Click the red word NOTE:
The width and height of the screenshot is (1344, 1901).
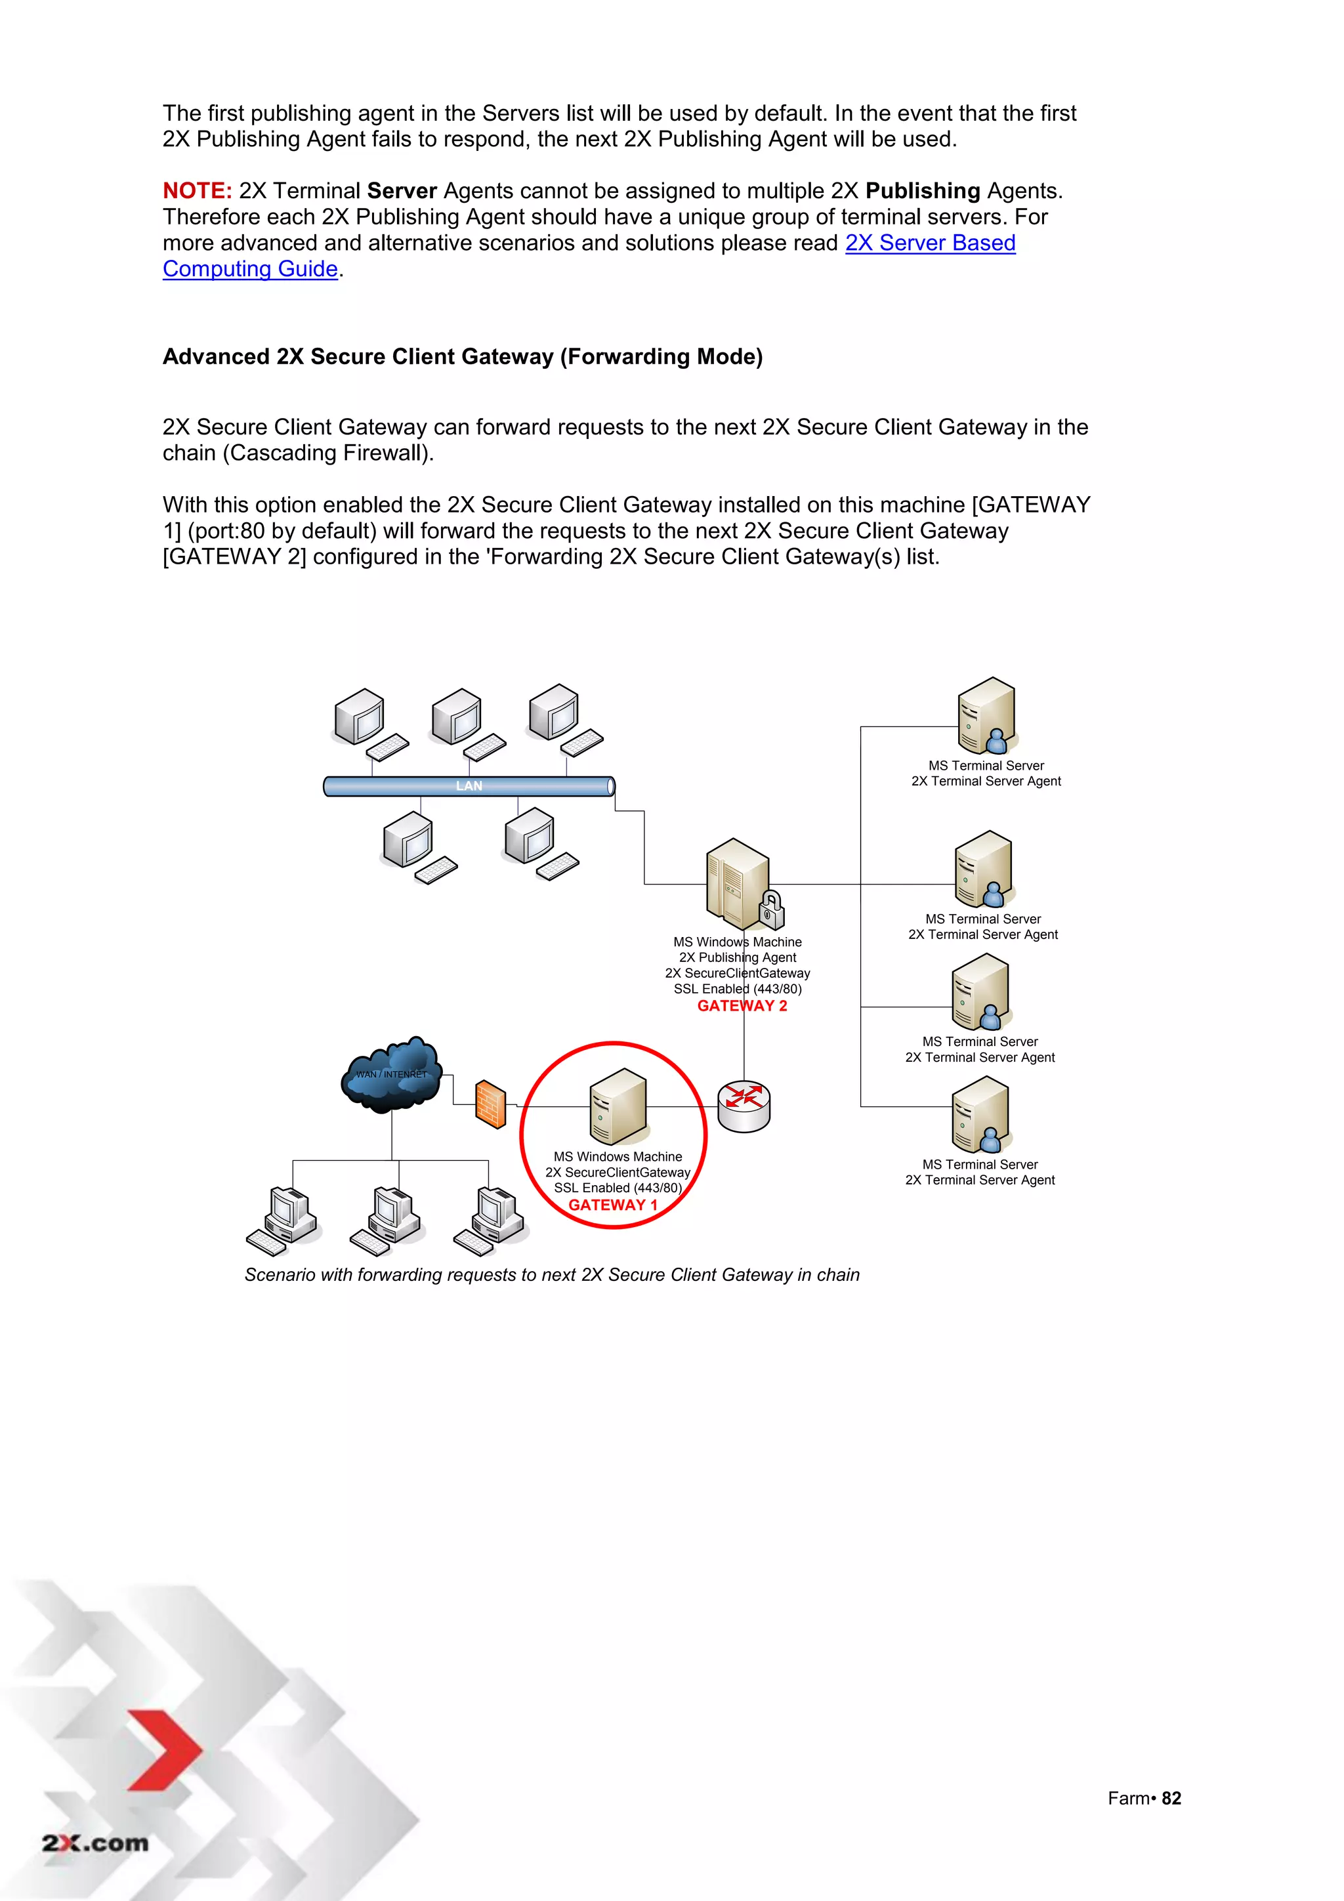click(197, 191)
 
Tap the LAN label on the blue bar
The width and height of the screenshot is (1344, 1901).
click(469, 785)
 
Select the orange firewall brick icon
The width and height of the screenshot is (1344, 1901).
click(490, 1104)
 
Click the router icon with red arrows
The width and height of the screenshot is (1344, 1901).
click(744, 1105)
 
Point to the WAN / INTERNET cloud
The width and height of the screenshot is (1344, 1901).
click(392, 1074)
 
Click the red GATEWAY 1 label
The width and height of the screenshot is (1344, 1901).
click(613, 1205)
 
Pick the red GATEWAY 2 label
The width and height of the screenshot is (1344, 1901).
click(742, 1006)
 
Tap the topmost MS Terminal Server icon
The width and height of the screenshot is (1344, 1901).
click(986, 715)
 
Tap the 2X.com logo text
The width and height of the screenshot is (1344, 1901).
click(95, 1843)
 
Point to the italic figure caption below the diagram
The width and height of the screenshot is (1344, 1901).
click(551, 1275)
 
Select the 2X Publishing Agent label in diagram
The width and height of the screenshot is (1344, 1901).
click(737, 958)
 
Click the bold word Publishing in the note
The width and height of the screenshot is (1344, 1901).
click(923, 191)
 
